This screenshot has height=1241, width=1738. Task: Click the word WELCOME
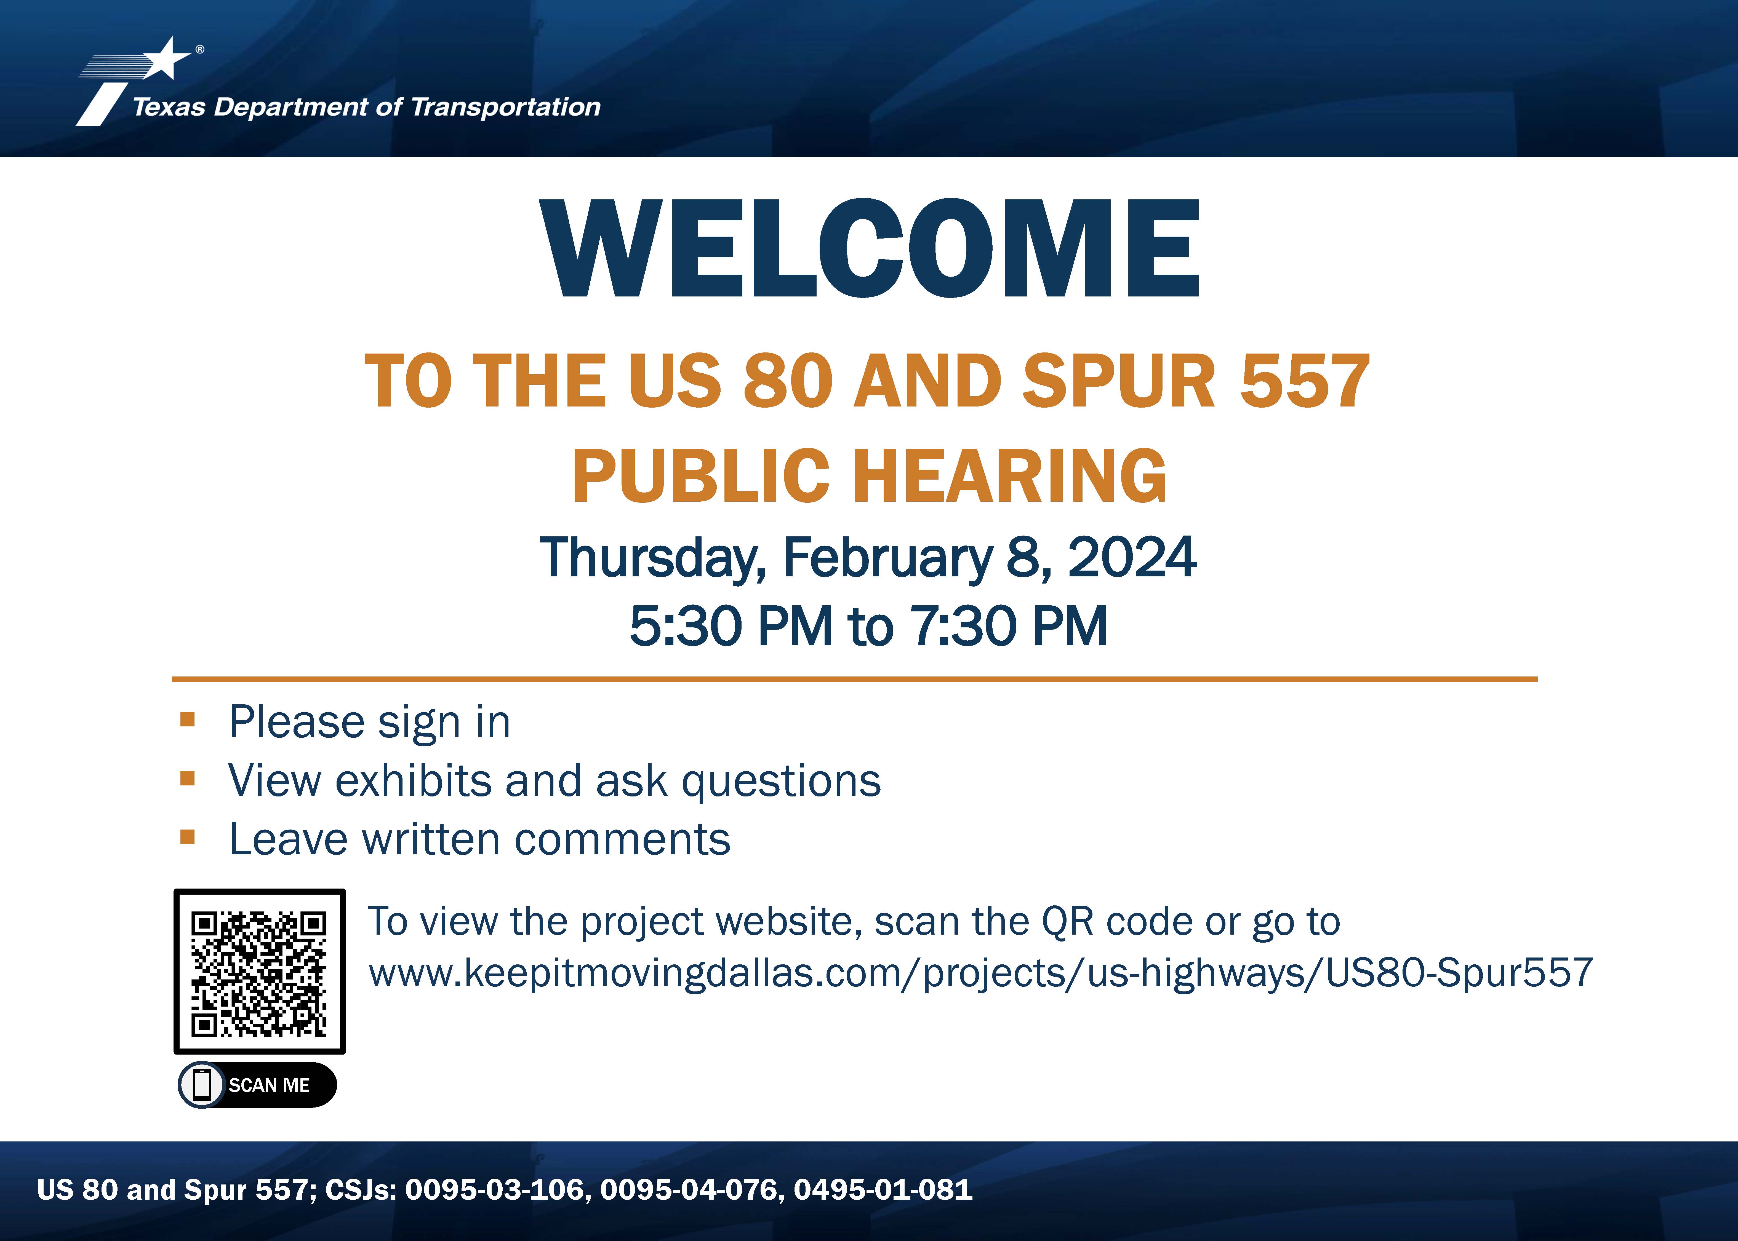tap(870, 248)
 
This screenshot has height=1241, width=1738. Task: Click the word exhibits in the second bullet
tap(413, 781)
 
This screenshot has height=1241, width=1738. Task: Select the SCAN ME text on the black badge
tap(269, 1085)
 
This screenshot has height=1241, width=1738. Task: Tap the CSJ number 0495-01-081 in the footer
tap(883, 1190)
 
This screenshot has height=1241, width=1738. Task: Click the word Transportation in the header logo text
tap(506, 107)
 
